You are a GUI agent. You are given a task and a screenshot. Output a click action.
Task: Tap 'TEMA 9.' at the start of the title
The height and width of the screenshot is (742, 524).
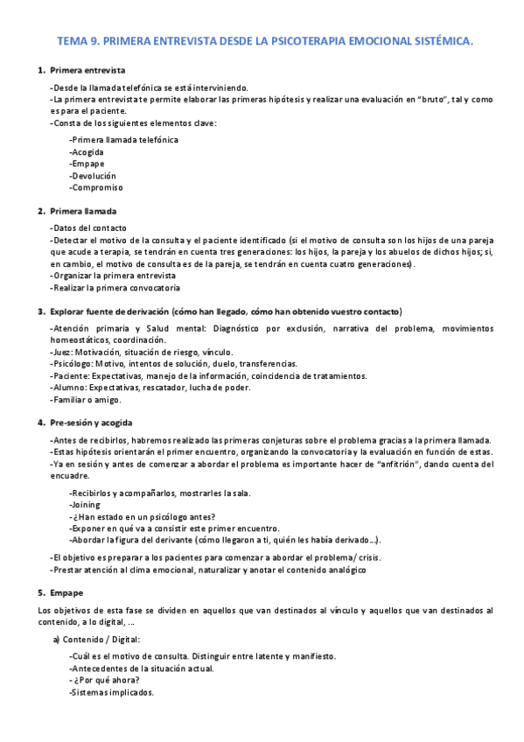click(76, 40)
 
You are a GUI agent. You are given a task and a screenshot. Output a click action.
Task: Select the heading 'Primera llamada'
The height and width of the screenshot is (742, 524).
click(83, 211)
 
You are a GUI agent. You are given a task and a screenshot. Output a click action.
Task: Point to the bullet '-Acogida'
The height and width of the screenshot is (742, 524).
click(87, 151)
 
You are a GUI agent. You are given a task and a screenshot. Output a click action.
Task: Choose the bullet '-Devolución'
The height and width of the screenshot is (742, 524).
click(92, 175)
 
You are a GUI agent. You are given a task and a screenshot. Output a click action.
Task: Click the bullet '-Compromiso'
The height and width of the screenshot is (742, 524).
click(95, 187)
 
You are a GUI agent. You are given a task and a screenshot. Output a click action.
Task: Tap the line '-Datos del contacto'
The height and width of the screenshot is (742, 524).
click(88, 227)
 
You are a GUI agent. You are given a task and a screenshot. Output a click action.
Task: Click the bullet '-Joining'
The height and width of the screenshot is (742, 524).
click(85, 504)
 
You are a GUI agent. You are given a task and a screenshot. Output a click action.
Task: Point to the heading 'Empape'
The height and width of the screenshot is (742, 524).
click(66, 592)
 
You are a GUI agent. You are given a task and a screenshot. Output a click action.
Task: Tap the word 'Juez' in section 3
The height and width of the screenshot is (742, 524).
click(62, 351)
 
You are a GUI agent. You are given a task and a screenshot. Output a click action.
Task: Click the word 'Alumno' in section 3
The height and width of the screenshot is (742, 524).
click(68, 388)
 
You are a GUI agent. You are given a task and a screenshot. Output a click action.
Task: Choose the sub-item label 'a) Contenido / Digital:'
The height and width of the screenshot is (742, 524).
click(95, 640)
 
